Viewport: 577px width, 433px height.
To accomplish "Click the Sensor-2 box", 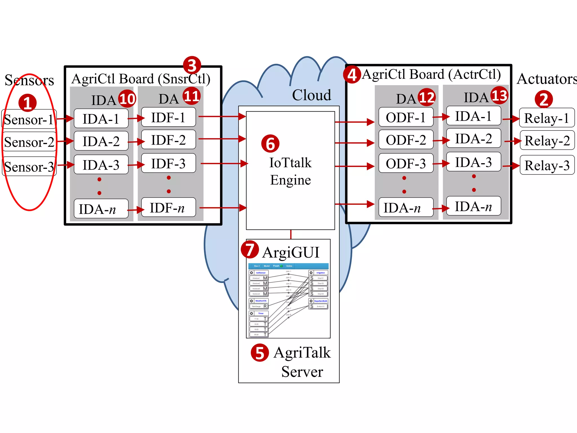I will pyautogui.click(x=29, y=142).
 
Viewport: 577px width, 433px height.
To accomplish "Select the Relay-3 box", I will pyautogui.click(x=547, y=165).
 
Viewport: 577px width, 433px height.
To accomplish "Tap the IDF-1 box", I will pyautogui.click(x=168, y=117).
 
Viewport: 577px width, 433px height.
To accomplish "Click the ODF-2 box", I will pyautogui.click(x=406, y=140).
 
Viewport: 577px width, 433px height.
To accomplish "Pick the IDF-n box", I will pyautogui.click(x=168, y=208).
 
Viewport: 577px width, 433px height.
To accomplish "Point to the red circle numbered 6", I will pyautogui.click(x=270, y=143).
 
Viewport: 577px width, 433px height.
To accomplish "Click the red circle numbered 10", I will pyautogui.click(x=127, y=99).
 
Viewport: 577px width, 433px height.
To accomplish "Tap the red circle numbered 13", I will pyautogui.click(x=499, y=96).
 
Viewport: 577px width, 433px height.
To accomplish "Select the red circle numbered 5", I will pyautogui.click(x=260, y=353).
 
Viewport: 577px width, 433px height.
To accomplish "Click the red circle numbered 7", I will pyautogui.click(x=250, y=249).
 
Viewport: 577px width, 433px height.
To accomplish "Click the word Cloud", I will pyautogui.click(x=311, y=95).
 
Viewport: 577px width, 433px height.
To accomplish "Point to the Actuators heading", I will pyautogui.click(x=547, y=79).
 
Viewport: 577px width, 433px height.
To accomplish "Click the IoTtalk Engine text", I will pyautogui.click(x=290, y=171).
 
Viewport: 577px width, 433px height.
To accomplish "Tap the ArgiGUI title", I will pyautogui.click(x=291, y=252).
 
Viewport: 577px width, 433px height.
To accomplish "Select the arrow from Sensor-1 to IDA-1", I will pyautogui.click(x=65, y=118).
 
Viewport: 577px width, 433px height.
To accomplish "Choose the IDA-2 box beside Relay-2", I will pyautogui.click(x=473, y=138).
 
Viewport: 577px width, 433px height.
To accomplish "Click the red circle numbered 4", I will pyautogui.click(x=352, y=75).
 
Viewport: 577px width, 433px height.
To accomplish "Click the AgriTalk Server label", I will pyautogui.click(x=302, y=362).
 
